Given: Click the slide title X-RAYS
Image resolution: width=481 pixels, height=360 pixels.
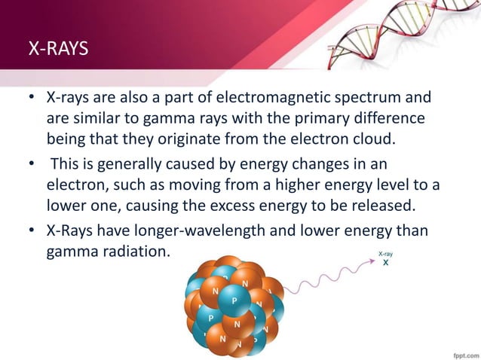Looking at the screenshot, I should click(58, 50).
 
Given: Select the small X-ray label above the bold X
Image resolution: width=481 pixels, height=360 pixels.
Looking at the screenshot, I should click(385, 254).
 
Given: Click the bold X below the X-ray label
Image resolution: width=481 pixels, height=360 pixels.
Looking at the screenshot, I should click(385, 264).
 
